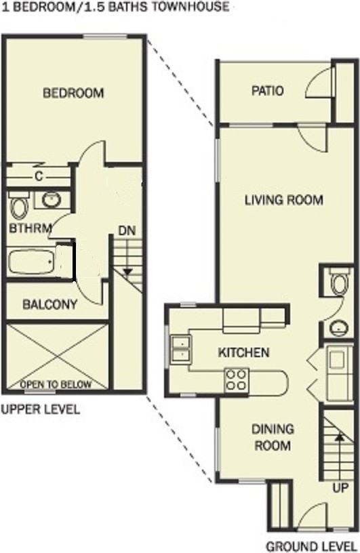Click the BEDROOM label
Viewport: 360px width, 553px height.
click(73, 93)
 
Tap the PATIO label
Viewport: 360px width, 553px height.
click(266, 91)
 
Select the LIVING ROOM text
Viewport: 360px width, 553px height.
click(283, 200)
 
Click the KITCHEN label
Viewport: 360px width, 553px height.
click(243, 352)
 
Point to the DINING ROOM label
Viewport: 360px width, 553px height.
click(273, 437)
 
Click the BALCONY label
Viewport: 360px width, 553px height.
click(49, 305)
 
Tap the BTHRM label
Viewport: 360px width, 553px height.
click(30, 228)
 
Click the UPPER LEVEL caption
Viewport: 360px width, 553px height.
click(40, 409)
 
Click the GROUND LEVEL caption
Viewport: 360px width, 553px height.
click(311, 546)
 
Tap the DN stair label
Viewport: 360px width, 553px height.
click(126, 230)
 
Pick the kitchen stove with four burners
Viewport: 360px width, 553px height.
click(237, 380)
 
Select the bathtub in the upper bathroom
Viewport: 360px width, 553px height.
click(33, 261)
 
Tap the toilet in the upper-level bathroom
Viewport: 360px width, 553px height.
click(18, 205)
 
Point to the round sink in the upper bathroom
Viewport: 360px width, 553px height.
click(50, 200)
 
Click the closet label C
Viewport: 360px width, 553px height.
click(39, 177)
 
